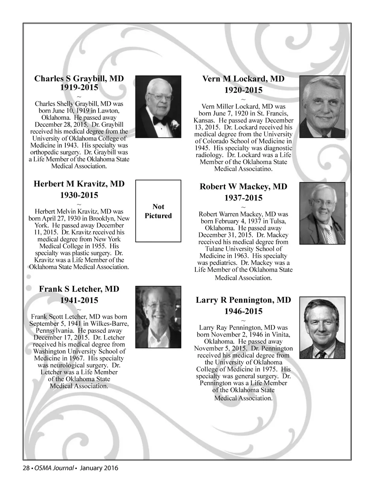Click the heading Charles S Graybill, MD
pos(79,79)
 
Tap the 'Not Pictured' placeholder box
pos(158,211)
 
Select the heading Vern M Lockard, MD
pos(243,79)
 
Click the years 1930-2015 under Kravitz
pos(79,195)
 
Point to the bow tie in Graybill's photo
pos(159,121)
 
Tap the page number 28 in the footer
pos(26,468)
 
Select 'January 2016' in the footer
pos(99,468)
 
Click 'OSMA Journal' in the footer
pos(54,468)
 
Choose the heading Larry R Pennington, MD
pos(243,300)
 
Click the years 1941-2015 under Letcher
pos(79,300)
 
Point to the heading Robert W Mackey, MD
pos(243,187)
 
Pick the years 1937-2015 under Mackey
pos(243,198)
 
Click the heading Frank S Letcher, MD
pos(79,289)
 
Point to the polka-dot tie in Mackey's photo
pos(330,234)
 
